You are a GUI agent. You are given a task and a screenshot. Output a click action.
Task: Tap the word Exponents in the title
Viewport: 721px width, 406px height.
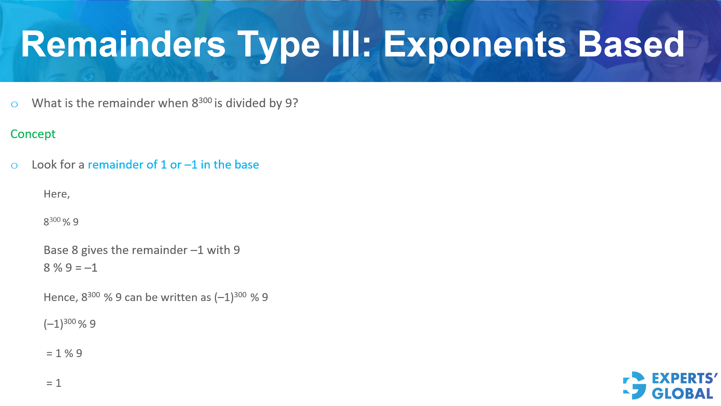(475, 44)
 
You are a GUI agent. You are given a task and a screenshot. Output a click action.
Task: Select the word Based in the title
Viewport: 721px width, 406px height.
(631, 44)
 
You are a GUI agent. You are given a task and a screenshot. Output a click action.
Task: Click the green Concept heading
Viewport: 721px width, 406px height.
(33, 134)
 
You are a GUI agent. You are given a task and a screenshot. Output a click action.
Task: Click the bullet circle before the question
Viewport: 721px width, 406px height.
(14, 104)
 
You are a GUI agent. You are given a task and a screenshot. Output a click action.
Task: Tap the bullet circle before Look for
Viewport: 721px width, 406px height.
(14, 166)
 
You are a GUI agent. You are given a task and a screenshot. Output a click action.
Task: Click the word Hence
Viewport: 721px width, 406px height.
(60, 298)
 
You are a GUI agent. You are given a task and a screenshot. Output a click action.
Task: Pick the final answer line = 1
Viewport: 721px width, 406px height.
(54, 383)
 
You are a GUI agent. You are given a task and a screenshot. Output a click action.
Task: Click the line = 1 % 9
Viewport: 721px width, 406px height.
(64, 353)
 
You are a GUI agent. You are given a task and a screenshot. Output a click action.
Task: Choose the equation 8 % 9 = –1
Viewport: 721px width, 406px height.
(71, 268)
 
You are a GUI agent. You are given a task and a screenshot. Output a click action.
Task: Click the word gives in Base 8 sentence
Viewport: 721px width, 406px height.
(94, 250)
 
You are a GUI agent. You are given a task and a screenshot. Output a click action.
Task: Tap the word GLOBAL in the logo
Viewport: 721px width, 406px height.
(682, 394)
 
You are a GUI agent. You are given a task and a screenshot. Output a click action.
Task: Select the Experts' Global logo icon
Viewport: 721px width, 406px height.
(635, 385)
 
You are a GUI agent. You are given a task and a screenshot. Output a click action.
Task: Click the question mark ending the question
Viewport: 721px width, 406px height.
(295, 103)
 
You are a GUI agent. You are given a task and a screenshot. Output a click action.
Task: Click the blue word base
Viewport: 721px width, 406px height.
(246, 165)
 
